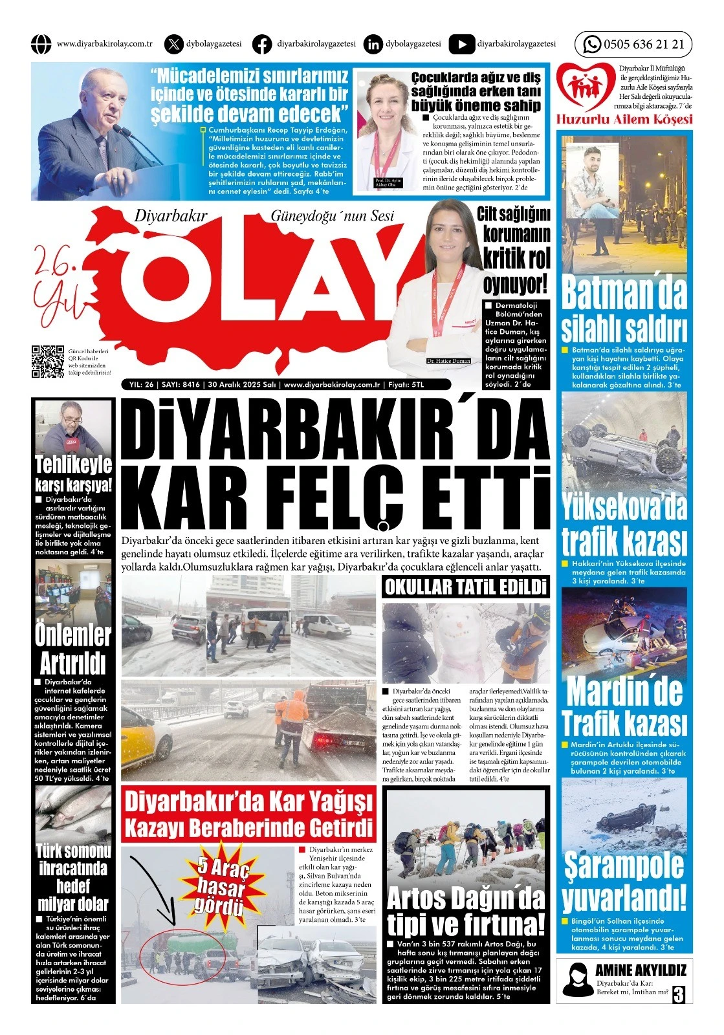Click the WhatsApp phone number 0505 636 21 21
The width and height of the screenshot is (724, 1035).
click(x=643, y=45)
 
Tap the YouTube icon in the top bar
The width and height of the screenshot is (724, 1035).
click(x=461, y=45)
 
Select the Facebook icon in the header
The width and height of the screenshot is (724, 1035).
click(x=262, y=45)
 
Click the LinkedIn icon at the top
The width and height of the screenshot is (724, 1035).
click(x=373, y=45)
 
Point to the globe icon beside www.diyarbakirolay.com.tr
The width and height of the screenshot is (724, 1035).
click(x=41, y=45)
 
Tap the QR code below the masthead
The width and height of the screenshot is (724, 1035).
click(x=48, y=362)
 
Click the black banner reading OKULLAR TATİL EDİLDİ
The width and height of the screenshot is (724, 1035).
click(x=465, y=587)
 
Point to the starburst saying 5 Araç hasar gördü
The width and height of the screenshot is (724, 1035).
click(x=223, y=880)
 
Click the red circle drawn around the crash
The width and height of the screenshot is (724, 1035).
click(x=184, y=953)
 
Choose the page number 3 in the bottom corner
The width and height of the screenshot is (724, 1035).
click(x=677, y=994)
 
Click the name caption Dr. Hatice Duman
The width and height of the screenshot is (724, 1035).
click(x=448, y=361)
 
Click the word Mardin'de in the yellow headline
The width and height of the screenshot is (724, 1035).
click(x=624, y=691)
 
